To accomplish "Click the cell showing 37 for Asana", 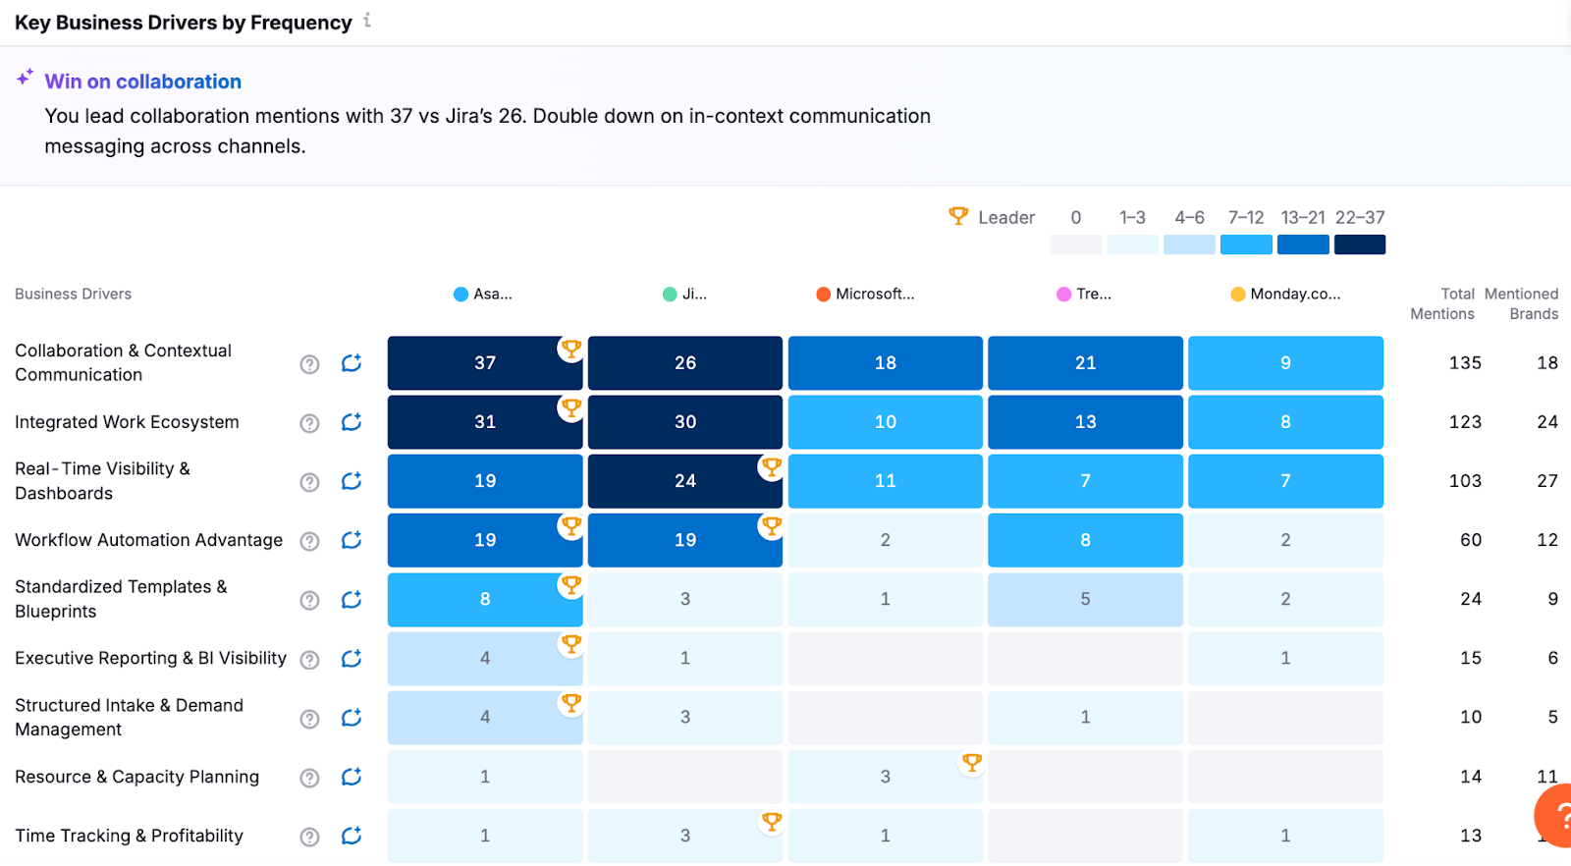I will click(484, 363).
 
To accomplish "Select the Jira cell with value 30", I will click(684, 422).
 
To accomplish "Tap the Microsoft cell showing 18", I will click(885, 363).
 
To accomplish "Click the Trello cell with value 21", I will click(1085, 363).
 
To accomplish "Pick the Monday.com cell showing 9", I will click(1285, 363).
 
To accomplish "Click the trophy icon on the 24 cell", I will click(772, 467).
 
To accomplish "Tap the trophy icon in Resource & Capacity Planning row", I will click(972, 762).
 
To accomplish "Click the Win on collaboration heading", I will click(142, 81).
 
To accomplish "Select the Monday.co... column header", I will click(1285, 294).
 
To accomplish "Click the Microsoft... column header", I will click(865, 294).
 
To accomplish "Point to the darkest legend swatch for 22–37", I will click(1360, 244).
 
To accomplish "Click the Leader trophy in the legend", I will click(958, 215).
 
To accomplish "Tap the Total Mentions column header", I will click(1442, 303).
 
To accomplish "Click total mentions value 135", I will click(1465, 363).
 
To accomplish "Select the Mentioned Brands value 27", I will click(1547, 481).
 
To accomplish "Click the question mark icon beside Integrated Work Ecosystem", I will click(309, 423).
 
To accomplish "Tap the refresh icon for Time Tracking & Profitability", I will click(352, 836).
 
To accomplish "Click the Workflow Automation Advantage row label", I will click(148, 540).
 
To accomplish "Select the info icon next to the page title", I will click(367, 20).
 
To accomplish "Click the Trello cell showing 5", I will click(1085, 599).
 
